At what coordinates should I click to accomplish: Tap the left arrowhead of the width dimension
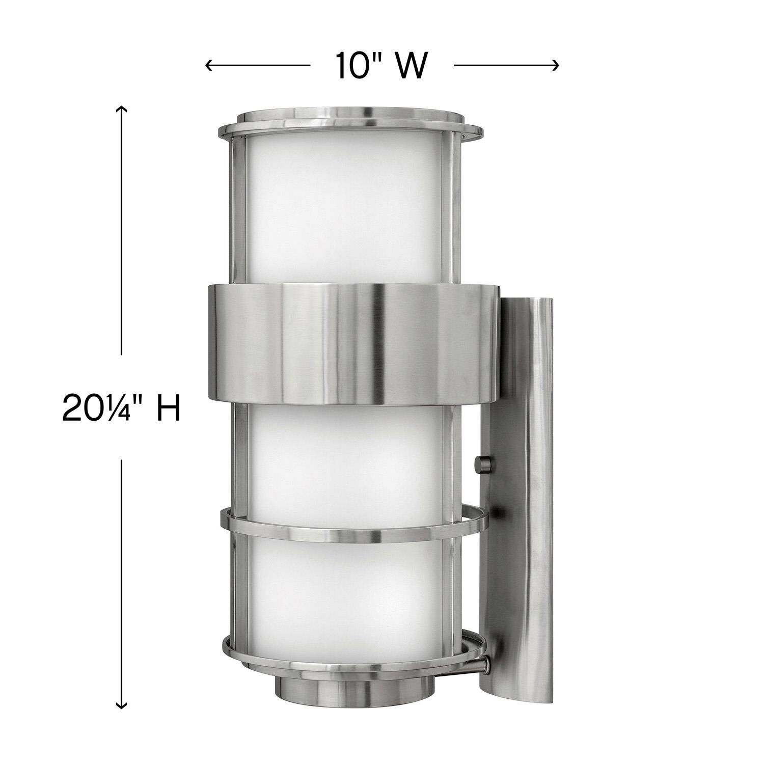(208, 65)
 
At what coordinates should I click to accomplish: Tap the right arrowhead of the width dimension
(557, 65)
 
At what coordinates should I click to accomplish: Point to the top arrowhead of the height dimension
(121, 108)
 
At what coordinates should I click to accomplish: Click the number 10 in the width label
(351, 66)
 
